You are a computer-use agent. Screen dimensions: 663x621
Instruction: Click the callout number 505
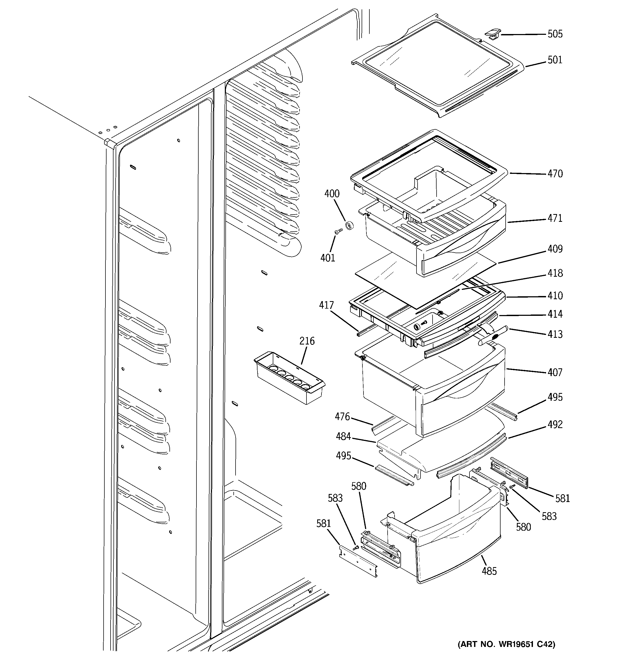click(x=555, y=34)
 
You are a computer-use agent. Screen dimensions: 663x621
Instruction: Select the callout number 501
click(x=555, y=60)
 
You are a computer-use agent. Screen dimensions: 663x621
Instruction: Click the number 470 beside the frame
click(x=555, y=174)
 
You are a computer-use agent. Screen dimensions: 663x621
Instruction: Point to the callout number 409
click(x=555, y=249)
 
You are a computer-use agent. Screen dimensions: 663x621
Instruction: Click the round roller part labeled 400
click(x=349, y=226)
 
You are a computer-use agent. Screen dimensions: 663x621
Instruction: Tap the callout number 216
click(x=307, y=341)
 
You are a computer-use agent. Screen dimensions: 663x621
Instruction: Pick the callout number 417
click(x=326, y=305)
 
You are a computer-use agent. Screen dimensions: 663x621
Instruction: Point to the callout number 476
click(x=342, y=417)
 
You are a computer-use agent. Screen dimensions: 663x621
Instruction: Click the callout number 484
click(x=343, y=436)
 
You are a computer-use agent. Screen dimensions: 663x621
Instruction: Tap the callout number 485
click(x=489, y=571)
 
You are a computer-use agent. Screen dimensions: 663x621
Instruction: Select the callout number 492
click(x=555, y=425)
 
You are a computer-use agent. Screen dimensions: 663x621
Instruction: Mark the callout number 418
click(x=555, y=273)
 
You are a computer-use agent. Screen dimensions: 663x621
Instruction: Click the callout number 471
click(x=555, y=218)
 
